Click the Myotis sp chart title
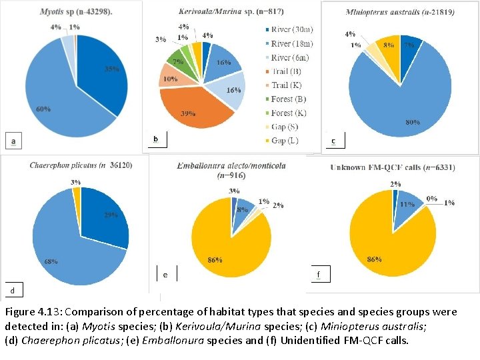tap(76, 12)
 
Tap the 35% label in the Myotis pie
tap(112, 69)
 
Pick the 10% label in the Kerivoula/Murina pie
tap(169, 79)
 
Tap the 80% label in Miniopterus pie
tap(413, 122)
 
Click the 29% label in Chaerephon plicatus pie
tap(111, 215)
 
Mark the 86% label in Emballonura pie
tap(214, 260)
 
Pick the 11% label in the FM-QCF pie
tap(406, 205)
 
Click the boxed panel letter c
tap(333, 141)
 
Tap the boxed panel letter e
tap(165, 274)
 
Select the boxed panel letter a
tap(13, 141)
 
